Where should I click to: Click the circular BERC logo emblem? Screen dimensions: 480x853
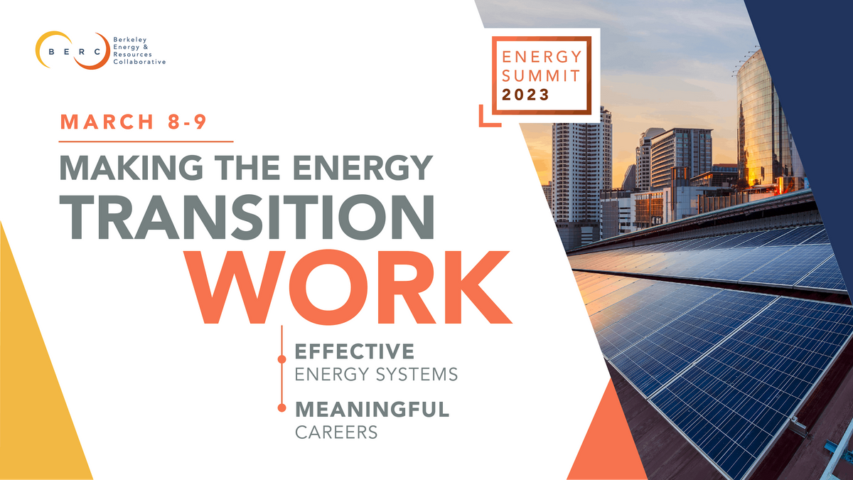click(x=72, y=50)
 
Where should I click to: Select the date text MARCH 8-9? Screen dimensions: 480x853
click(x=133, y=122)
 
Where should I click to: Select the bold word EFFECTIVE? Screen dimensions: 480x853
click(x=355, y=351)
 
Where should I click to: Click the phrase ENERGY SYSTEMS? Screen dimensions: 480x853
click(x=376, y=374)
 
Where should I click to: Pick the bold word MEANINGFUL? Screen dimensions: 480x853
click(x=372, y=410)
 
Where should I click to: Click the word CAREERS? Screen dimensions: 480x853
click(x=336, y=432)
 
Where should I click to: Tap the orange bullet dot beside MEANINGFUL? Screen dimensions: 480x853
click(x=282, y=408)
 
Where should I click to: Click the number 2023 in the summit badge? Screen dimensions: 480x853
click(x=525, y=95)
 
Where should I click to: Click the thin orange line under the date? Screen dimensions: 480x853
click(x=146, y=142)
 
